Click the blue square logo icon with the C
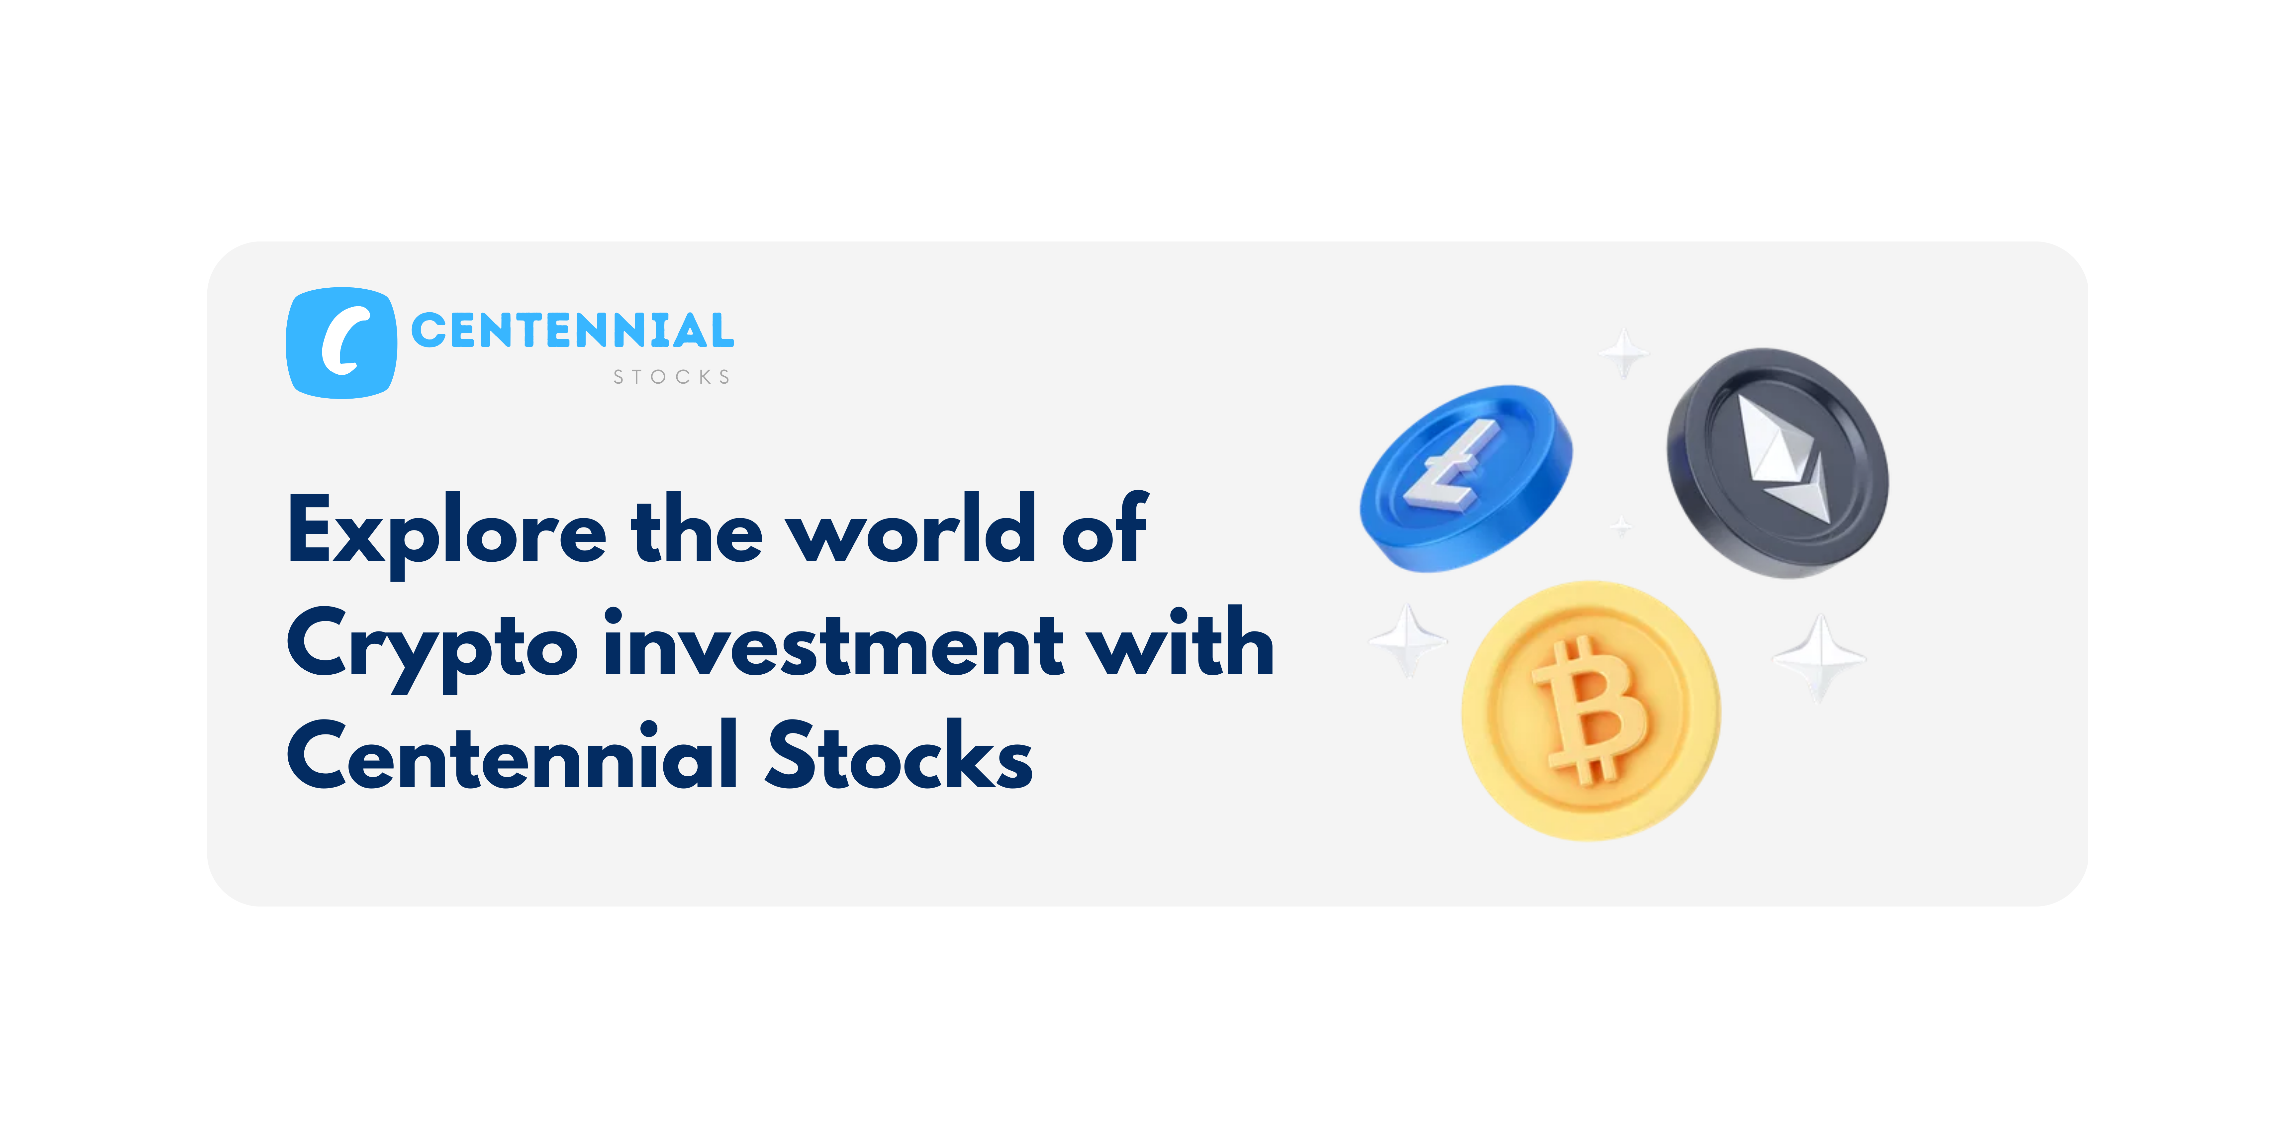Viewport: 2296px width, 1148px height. click(341, 342)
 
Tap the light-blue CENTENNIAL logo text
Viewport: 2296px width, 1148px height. click(572, 331)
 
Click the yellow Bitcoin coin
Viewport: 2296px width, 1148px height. click(1591, 711)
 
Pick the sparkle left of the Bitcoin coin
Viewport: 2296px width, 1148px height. click(1408, 639)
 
